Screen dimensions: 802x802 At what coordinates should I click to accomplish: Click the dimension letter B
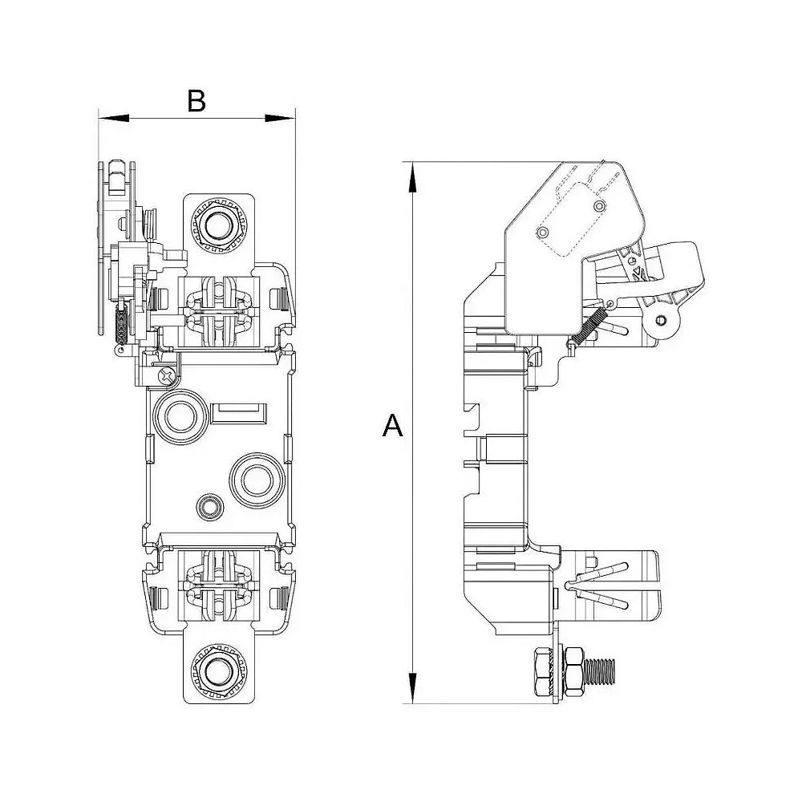point(196,101)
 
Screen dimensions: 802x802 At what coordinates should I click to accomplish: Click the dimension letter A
point(392,426)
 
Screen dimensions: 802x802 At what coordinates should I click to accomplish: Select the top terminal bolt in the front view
point(216,226)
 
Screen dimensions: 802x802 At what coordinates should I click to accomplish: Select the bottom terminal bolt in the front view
point(216,671)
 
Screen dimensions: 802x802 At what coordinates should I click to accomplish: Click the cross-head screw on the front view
point(166,375)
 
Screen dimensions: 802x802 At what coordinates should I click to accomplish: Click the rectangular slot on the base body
point(237,414)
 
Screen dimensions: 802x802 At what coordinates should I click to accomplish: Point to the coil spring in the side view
point(589,327)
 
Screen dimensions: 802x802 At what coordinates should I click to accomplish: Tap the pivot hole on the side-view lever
point(660,321)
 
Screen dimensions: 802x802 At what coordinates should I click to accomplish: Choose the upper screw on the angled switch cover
point(597,205)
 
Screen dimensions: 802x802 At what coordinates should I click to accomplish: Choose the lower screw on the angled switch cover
point(543,233)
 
